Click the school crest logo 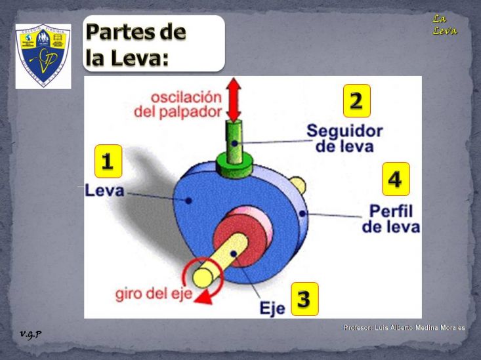(43, 55)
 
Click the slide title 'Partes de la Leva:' (136, 44)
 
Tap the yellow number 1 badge (108, 161)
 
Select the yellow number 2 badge (356, 100)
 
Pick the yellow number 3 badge (304, 299)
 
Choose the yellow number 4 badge (396, 179)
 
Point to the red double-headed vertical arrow (233, 98)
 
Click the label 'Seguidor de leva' (345, 138)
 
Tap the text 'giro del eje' (155, 293)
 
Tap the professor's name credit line (404, 327)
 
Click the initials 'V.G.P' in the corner (30, 334)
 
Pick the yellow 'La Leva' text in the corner (444, 25)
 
